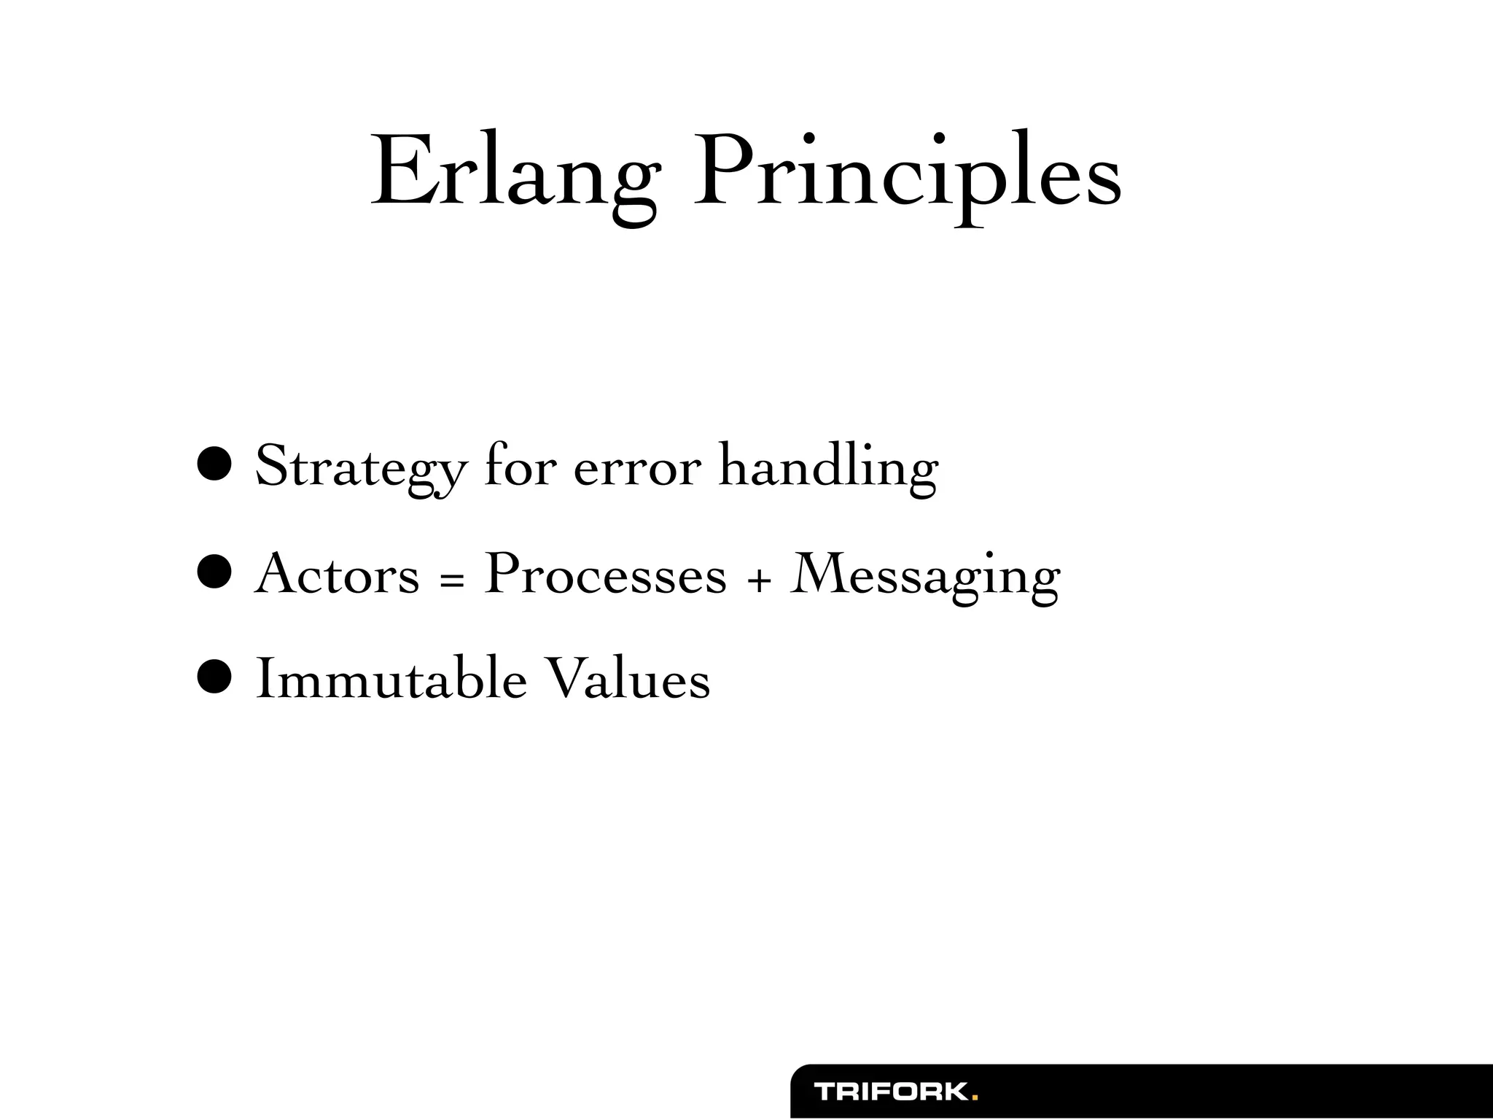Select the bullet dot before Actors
214,572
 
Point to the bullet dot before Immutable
214,677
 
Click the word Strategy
360,467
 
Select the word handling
828,467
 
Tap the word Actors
337,574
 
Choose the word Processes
606,574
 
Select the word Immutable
391,679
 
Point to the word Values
628,679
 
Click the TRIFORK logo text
891,1092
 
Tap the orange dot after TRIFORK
975,1097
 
